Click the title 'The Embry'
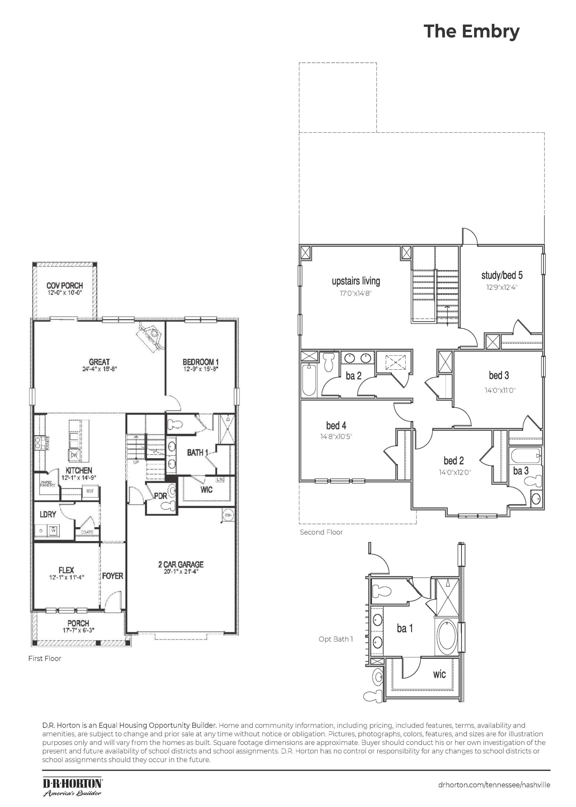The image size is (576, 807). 471,32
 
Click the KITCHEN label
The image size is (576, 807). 79,470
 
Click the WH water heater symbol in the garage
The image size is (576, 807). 228,515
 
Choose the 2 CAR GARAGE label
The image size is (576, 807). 181,564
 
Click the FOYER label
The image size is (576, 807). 113,576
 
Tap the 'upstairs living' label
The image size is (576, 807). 356,281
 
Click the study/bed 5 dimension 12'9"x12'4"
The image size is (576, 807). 502,287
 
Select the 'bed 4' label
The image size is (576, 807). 336,425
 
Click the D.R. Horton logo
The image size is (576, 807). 73,783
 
